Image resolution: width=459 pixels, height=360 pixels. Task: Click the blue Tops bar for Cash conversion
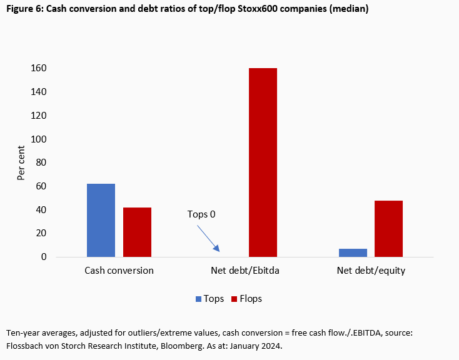tap(101, 220)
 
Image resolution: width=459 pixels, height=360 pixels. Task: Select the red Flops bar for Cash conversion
tap(137, 232)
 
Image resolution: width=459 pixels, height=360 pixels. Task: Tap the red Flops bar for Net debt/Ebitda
tap(263, 162)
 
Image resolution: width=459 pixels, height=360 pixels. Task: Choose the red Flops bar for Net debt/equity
tap(388, 228)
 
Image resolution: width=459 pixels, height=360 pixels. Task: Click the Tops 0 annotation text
tap(201, 214)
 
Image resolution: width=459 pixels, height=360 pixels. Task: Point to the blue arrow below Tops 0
tap(208, 238)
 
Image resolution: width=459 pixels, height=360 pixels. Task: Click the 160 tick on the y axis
tap(39, 68)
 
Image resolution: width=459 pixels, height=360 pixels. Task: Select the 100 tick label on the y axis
tap(39, 139)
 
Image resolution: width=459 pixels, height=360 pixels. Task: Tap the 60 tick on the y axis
tap(41, 186)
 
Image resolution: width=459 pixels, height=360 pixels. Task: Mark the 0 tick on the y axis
tap(44, 257)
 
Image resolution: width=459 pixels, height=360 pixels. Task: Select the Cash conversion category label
tap(119, 271)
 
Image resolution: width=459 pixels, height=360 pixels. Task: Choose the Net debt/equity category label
tap(371, 271)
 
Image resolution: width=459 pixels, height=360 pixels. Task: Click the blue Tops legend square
tap(199, 299)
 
